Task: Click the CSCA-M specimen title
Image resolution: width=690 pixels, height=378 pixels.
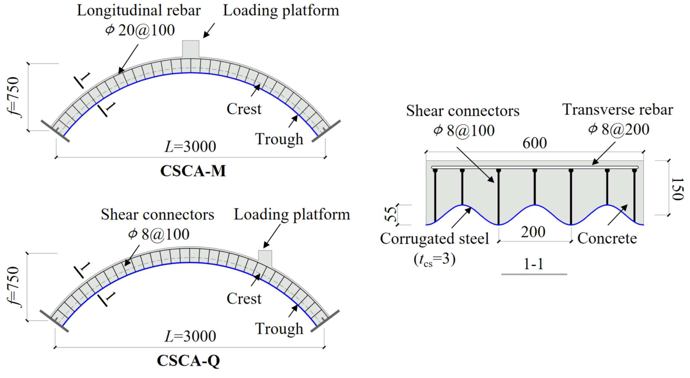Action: pyautogui.click(x=193, y=171)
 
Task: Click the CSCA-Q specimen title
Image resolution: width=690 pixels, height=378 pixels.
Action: pyautogui.click(x=188, y=360)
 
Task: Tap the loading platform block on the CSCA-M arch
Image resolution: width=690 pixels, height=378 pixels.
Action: pyautogui.click(x=190, y=49)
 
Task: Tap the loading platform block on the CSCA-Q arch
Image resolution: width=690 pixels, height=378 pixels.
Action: pyautogui.click(x=265, y=258)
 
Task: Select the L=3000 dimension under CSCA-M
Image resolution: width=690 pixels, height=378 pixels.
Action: pyautogui.click(x=190, y=147)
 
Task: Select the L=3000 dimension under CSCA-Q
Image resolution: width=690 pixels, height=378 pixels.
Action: pyautogui.click(x=190, y=336)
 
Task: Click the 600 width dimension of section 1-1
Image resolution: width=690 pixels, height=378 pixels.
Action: pyautogui.click(x=534, y=143)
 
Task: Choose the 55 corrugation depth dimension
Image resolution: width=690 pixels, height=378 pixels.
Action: pyautogui.click(x=391, y=214)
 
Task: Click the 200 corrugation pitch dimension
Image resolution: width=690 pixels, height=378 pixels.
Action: pyautogui.click(x=533, y=232)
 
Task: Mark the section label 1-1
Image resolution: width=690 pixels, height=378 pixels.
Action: pyautogui.click(x=533, y=264)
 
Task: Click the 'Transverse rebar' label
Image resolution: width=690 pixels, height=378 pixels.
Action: pyautogui.click(x=617, y=109)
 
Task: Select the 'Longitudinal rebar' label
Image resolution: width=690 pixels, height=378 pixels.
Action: pyautogui.click(x=139, y=11)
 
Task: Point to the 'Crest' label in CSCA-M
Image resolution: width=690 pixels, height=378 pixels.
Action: pyautogui.click(x=244, y=109)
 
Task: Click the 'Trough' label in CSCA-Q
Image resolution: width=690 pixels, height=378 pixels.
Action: pyautogui.click(x=279, y=329)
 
